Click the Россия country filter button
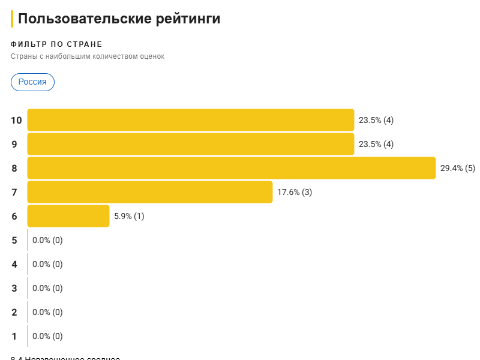click(x=32, y=82)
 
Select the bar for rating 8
click(x=231, y=168)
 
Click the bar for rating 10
click(x=190, y=120)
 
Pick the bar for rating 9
click(x=190, y=144)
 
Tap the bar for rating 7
click(x=149, y=192)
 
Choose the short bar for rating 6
click(x=68, y=216)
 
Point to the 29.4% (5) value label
click(x=457, y=168)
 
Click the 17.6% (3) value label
click(x=295, y=192)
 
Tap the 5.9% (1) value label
click(x=129, y=216)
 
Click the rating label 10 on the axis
click(x=16, y=120)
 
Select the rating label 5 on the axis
click(x=14, y=240)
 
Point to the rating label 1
click(x=14, y=336)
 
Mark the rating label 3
click(x=14, y=288)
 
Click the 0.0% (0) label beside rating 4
click(x=47, y=264)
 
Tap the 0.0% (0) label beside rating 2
click(x=47, y=312)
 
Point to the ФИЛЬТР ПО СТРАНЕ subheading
click(x=56, y=44)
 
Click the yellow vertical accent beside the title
click(x=12, y=19)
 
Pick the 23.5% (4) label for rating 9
click(x=376, y=144)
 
